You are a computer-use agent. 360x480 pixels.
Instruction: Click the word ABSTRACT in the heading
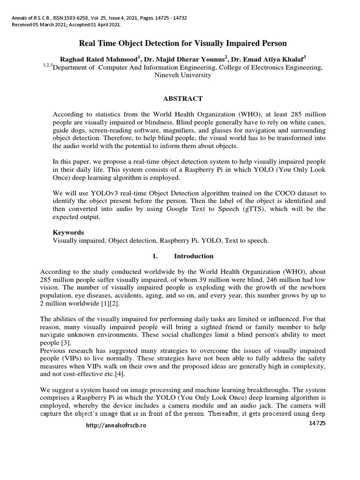(x=182, y=98)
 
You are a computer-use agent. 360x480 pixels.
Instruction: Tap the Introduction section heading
(x=194, y=256)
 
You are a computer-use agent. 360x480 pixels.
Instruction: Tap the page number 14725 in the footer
(x=317, y=423)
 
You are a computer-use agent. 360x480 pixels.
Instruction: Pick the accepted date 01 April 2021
(x=102, y=24)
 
